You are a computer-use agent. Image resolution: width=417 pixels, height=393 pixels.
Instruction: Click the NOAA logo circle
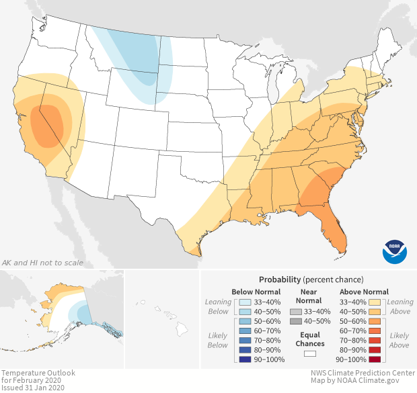pyautogui.click(x=395, y=251)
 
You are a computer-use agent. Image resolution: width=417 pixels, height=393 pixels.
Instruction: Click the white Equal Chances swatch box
pyautogui.click(x=309, y=352)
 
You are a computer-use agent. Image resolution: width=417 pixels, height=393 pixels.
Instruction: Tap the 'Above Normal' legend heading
pyautogui.click(x=365, y=292)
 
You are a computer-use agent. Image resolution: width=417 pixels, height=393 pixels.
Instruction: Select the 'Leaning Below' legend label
pyautogui.click(x=218, y=306)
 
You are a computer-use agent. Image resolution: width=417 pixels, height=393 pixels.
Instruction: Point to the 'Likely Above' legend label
pyautogui.click(x=399, y=340)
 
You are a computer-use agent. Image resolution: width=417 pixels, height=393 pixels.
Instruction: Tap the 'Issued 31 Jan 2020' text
pyautogui.click(x=34, y=388)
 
